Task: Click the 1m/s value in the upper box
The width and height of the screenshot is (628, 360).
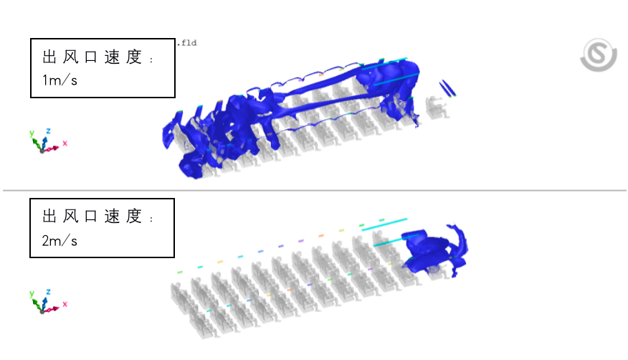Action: [60, 80]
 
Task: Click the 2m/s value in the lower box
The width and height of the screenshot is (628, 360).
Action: [60, 241]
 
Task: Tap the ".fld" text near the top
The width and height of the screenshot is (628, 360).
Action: [187, 43]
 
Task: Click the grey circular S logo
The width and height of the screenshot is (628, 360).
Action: [599, 55]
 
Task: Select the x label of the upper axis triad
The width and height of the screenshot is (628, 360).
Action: [65, 143]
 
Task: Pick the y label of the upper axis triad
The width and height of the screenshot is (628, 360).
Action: [32, 133]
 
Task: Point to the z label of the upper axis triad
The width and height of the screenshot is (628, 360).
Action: [48, 131]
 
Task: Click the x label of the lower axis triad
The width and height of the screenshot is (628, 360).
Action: [65, 304]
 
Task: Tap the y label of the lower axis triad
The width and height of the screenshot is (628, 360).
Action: [32, 293]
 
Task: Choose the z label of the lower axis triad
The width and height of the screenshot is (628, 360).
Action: [48, 292]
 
